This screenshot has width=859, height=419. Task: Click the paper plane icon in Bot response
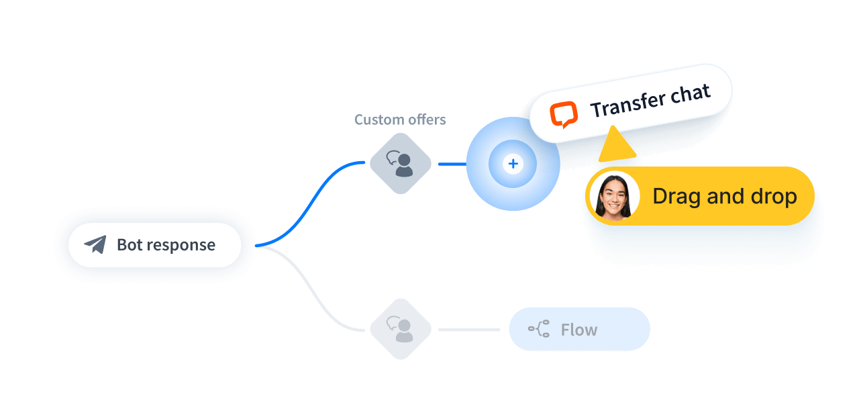[x=95, y=244]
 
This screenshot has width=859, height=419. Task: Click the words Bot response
[x=166, y=245]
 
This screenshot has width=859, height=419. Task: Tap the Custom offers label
[x=400, y=120]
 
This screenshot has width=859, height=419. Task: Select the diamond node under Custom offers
[x=401, y=163]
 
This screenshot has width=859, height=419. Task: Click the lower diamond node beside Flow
[x=401, y=330]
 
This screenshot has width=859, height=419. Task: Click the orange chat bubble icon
[x=564, y=115]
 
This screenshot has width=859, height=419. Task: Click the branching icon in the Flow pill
[x=539, y=330]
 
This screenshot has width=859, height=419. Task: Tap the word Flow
[x=578, y=330]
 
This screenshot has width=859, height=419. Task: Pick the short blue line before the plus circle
[x=452, y=163]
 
